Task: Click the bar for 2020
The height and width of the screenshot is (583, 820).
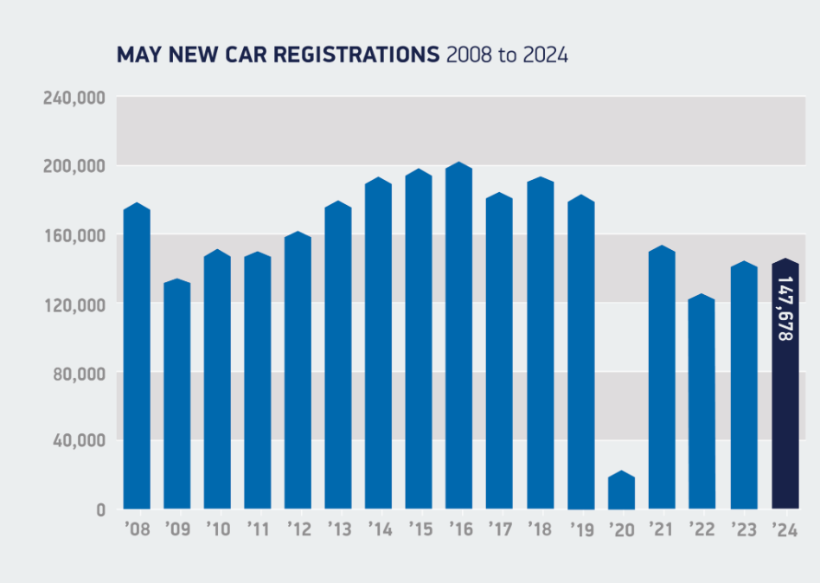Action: coord(622,490)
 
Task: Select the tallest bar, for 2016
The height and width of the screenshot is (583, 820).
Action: coord(459,337)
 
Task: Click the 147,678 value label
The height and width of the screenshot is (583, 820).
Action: coord(785,309)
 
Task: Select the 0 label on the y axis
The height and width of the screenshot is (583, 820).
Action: coord(100,509)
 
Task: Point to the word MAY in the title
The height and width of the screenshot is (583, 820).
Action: coord(135,55)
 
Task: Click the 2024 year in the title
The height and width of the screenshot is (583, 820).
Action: coord(545,55)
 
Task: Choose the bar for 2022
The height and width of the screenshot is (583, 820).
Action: coord(702,402)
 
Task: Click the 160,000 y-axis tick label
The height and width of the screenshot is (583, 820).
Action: coord(74,236)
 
